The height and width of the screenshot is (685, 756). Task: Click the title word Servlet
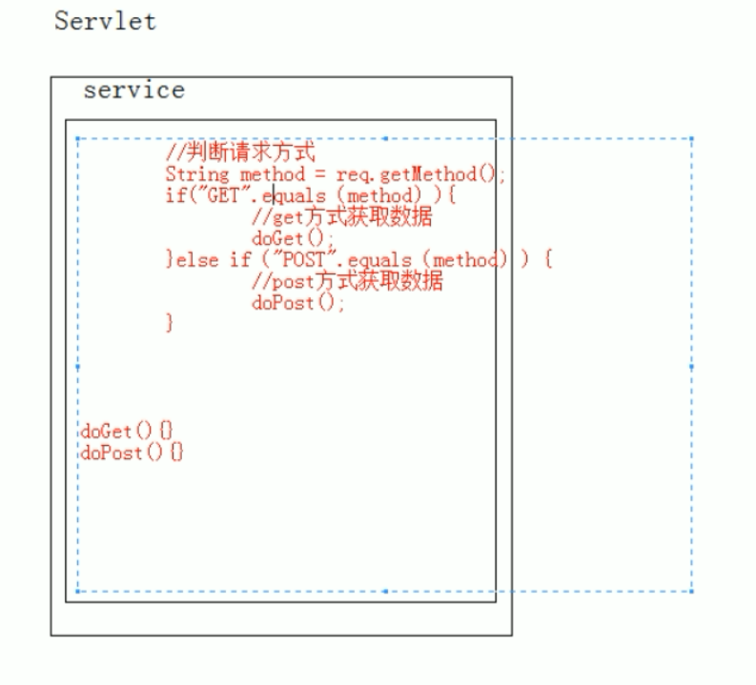(105, 21)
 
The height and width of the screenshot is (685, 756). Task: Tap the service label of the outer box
(133, 91)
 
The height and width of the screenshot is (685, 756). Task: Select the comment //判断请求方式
(240, 153)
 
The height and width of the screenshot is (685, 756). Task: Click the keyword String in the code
(196, 174)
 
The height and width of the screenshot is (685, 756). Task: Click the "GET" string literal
(212, 196)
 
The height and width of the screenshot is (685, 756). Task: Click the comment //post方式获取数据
(347, 282)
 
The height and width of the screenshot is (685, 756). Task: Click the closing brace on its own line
(171, 324)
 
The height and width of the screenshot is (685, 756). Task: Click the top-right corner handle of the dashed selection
(691, 138)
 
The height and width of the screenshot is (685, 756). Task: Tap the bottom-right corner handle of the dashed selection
(691, 592)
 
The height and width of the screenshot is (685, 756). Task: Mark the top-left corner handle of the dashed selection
(77, 138)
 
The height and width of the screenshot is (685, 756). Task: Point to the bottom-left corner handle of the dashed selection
(77, 592)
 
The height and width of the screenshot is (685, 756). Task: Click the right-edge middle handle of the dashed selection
(691, 366)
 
